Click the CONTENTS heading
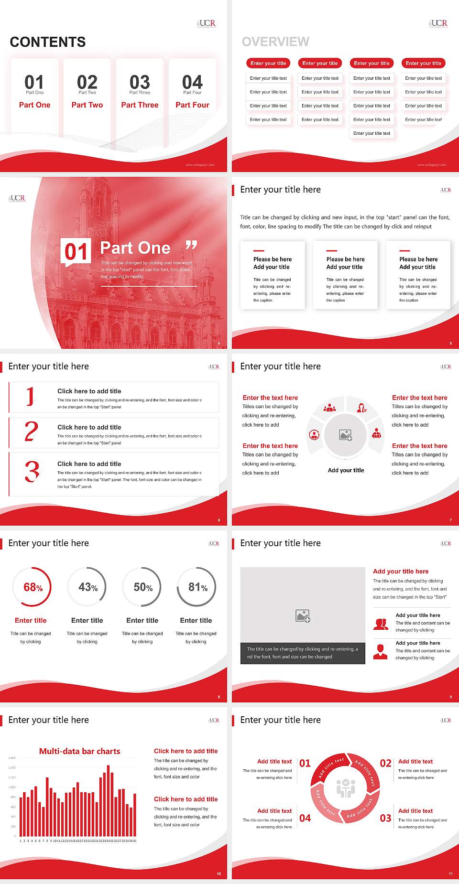point(48,42)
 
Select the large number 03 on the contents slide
point(140,82)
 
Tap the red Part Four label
point(192,105)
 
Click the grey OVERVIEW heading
point(275,42)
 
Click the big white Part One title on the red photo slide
point(135,248)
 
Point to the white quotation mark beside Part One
point(191,246)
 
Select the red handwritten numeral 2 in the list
point(31,431)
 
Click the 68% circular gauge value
point(33,587)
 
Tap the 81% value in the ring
point(197,587)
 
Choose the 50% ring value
point(143,587)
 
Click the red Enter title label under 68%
point(31,620)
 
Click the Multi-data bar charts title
point(79,751)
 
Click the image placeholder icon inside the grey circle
point(346,435)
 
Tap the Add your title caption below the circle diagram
point(346,470)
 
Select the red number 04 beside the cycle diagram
point(305,818)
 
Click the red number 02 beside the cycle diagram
point(385,763)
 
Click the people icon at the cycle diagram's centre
point(346,788)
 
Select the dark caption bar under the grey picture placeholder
point(303,653)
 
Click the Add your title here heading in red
point(401,571)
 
